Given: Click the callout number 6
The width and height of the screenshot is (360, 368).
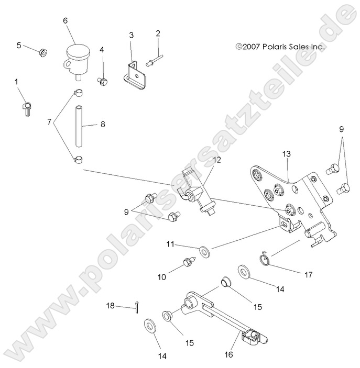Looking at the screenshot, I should [x=66, y=20].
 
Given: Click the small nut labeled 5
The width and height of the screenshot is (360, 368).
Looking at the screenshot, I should [x=43, y=52].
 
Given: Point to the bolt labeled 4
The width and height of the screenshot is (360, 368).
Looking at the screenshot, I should [x=103, y=81].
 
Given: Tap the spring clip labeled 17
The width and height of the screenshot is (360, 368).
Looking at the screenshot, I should [x=266, y=258].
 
